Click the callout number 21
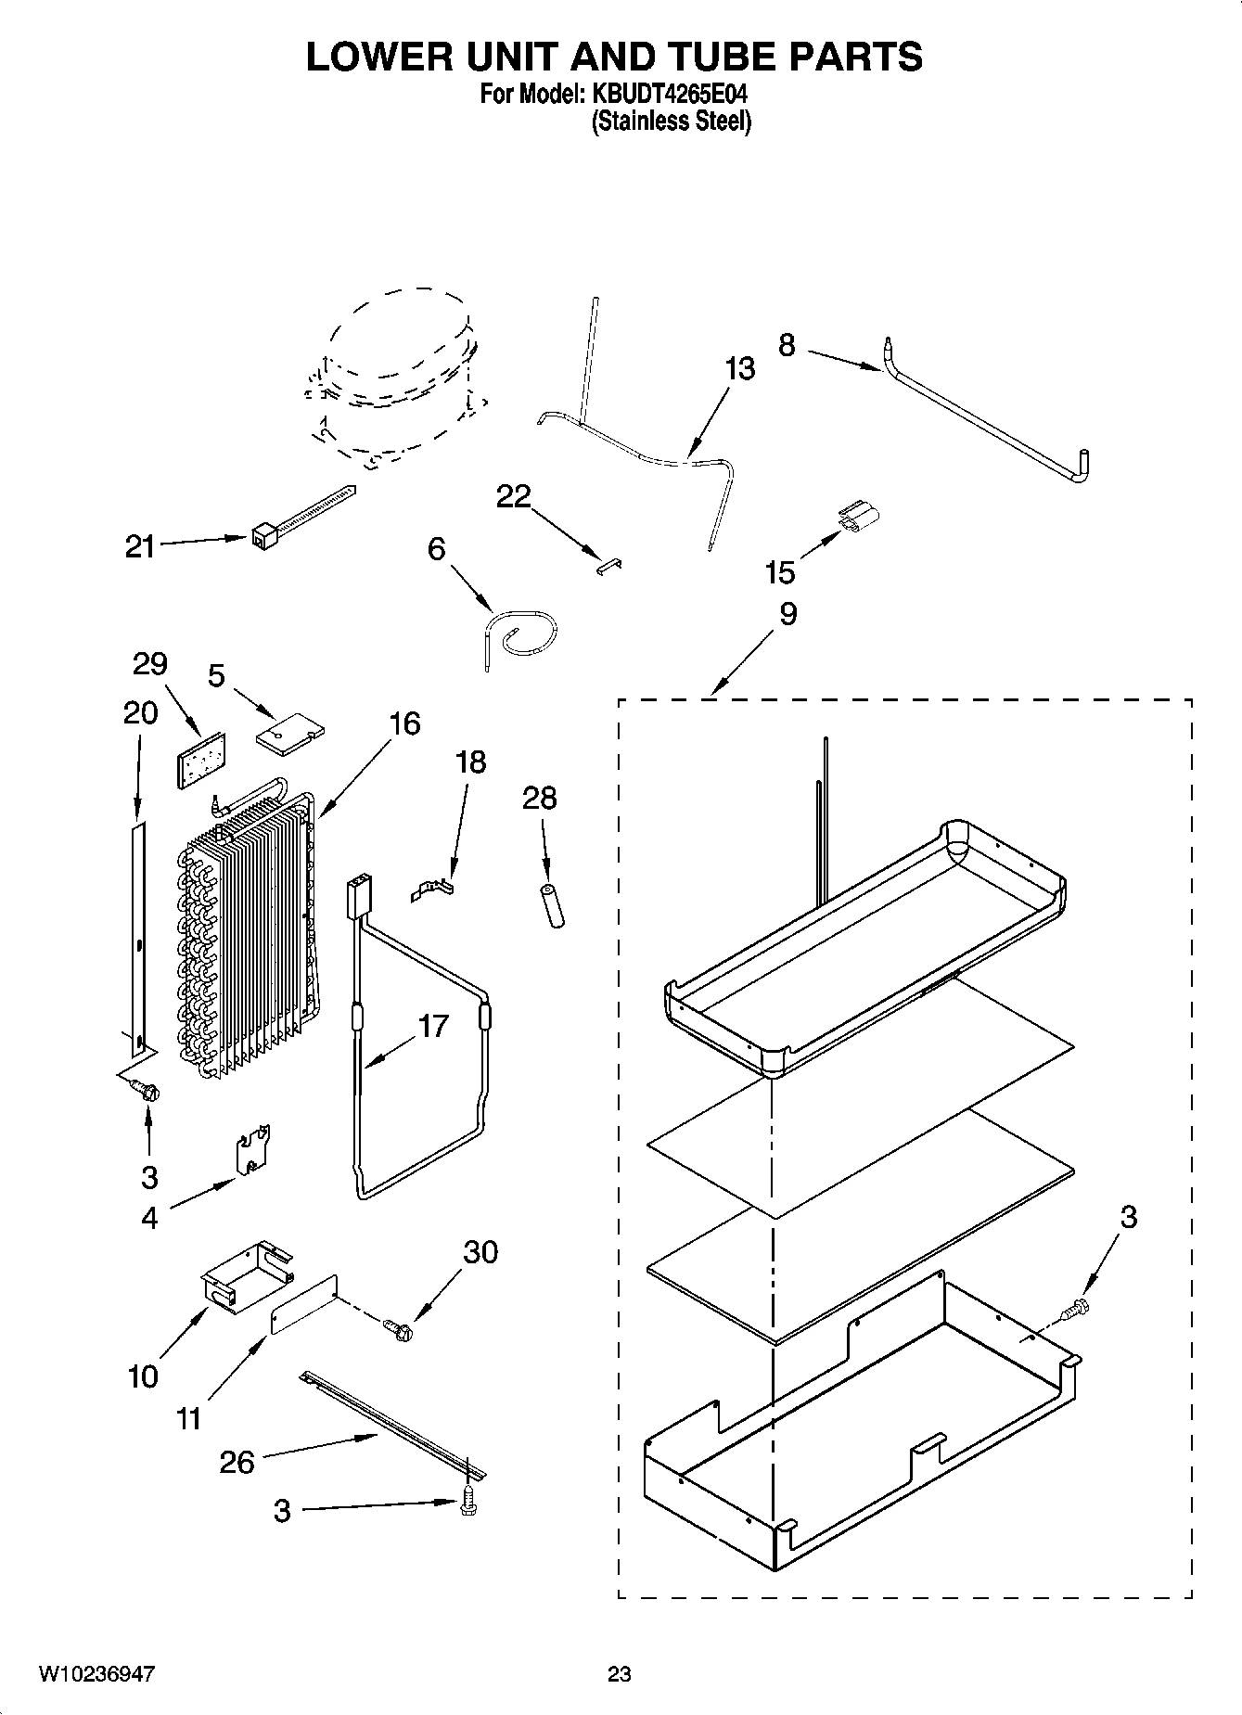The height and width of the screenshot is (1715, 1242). (x=139, y=547)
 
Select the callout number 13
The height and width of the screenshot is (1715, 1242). (x=739, y=369)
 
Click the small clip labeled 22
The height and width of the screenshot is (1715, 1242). (x=608, y=565)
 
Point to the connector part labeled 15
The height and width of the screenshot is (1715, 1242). (x=858, y=517)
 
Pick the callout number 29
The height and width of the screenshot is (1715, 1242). (x=149, y=663)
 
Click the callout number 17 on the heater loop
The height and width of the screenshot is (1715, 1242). (x=432, y=1027)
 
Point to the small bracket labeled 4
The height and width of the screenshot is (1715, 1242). (x=252, y=1151)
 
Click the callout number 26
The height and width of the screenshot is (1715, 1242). (x=237, y=1463)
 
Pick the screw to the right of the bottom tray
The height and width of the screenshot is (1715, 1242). (x=1077, y=1310)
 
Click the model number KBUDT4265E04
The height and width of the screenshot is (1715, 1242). (x=663, y=94)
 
